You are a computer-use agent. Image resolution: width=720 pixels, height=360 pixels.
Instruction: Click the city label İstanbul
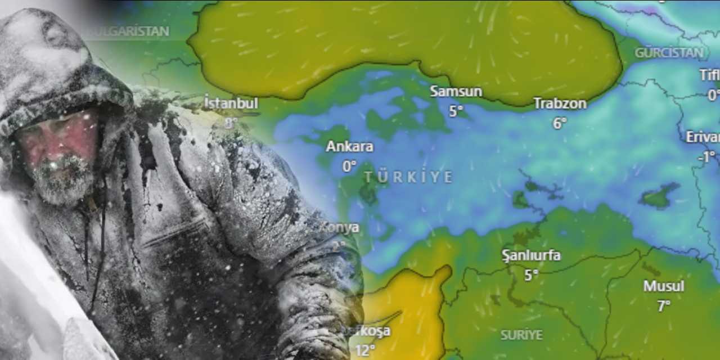tap(231, 103)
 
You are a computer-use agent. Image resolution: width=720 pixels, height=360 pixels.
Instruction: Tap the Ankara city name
tap(349, 147)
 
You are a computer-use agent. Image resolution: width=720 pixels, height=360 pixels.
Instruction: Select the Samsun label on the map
tap(456, 91)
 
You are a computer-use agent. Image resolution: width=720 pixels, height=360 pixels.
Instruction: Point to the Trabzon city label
tap(560, 103)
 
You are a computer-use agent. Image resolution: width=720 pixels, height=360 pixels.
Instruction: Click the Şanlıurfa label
tap(531, 255)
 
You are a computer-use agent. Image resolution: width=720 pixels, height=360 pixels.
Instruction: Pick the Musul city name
tap(664, 286)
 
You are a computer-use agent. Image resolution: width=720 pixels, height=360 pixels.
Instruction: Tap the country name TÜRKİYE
tap(408, 177)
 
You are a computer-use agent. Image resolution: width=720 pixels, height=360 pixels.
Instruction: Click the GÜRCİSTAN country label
tap(669, 53)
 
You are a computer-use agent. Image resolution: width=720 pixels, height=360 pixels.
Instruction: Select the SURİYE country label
tap(521, 335)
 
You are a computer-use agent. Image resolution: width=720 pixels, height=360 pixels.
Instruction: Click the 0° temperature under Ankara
tap(349, 166)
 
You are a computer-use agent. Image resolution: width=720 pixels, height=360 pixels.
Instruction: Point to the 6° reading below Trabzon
tap(560, 123)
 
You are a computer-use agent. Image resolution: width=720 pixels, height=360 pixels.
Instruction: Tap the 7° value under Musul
tap(664, 305)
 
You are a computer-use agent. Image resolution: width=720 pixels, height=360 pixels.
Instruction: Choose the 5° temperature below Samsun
tap(456, 111)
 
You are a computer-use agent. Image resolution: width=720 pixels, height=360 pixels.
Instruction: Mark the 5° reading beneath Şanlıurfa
tap(531, 275)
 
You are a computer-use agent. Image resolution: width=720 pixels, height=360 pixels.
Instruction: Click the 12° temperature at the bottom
tap(365, 350)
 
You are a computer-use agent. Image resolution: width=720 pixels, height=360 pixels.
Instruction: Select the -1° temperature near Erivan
tap(706, 156)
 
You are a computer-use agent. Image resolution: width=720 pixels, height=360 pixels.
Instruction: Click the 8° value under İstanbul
tap(231, 123)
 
